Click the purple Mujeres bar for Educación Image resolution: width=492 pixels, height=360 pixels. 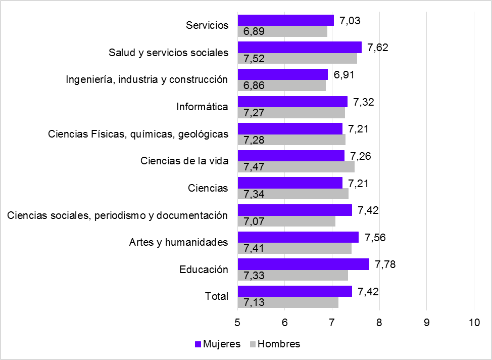click(303, 264)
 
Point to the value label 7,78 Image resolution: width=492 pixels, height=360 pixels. click(383, 264)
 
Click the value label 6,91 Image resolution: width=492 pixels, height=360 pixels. click(342, 74)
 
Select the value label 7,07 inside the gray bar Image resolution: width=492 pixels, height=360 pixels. click(254, 221)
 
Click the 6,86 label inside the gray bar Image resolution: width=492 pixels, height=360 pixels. click(254, 85)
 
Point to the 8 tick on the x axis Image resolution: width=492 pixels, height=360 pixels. click(379, 321)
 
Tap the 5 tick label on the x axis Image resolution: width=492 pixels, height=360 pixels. click(237, 321)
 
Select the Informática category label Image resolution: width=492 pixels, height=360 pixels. click(202, 107)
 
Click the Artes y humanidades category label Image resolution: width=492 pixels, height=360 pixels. click(178, 242)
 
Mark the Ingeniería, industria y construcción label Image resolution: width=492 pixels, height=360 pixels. click(147, 79)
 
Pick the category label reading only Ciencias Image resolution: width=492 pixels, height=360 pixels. click(208, 188)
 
